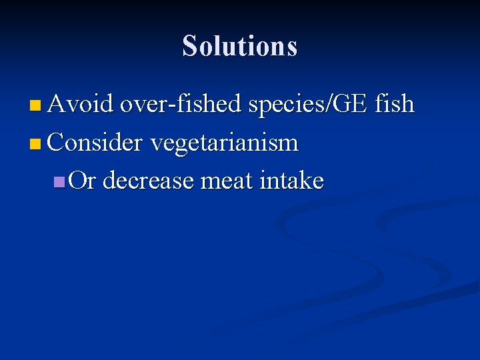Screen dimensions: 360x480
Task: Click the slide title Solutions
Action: [240, 46]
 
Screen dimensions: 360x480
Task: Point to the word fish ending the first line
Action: [395, 105]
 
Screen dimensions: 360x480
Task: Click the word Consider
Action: [96, 143]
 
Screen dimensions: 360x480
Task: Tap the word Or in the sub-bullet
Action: [83, 181]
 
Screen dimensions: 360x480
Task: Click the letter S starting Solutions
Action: [190, 47]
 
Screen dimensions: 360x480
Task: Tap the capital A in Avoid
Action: [56, 105]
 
